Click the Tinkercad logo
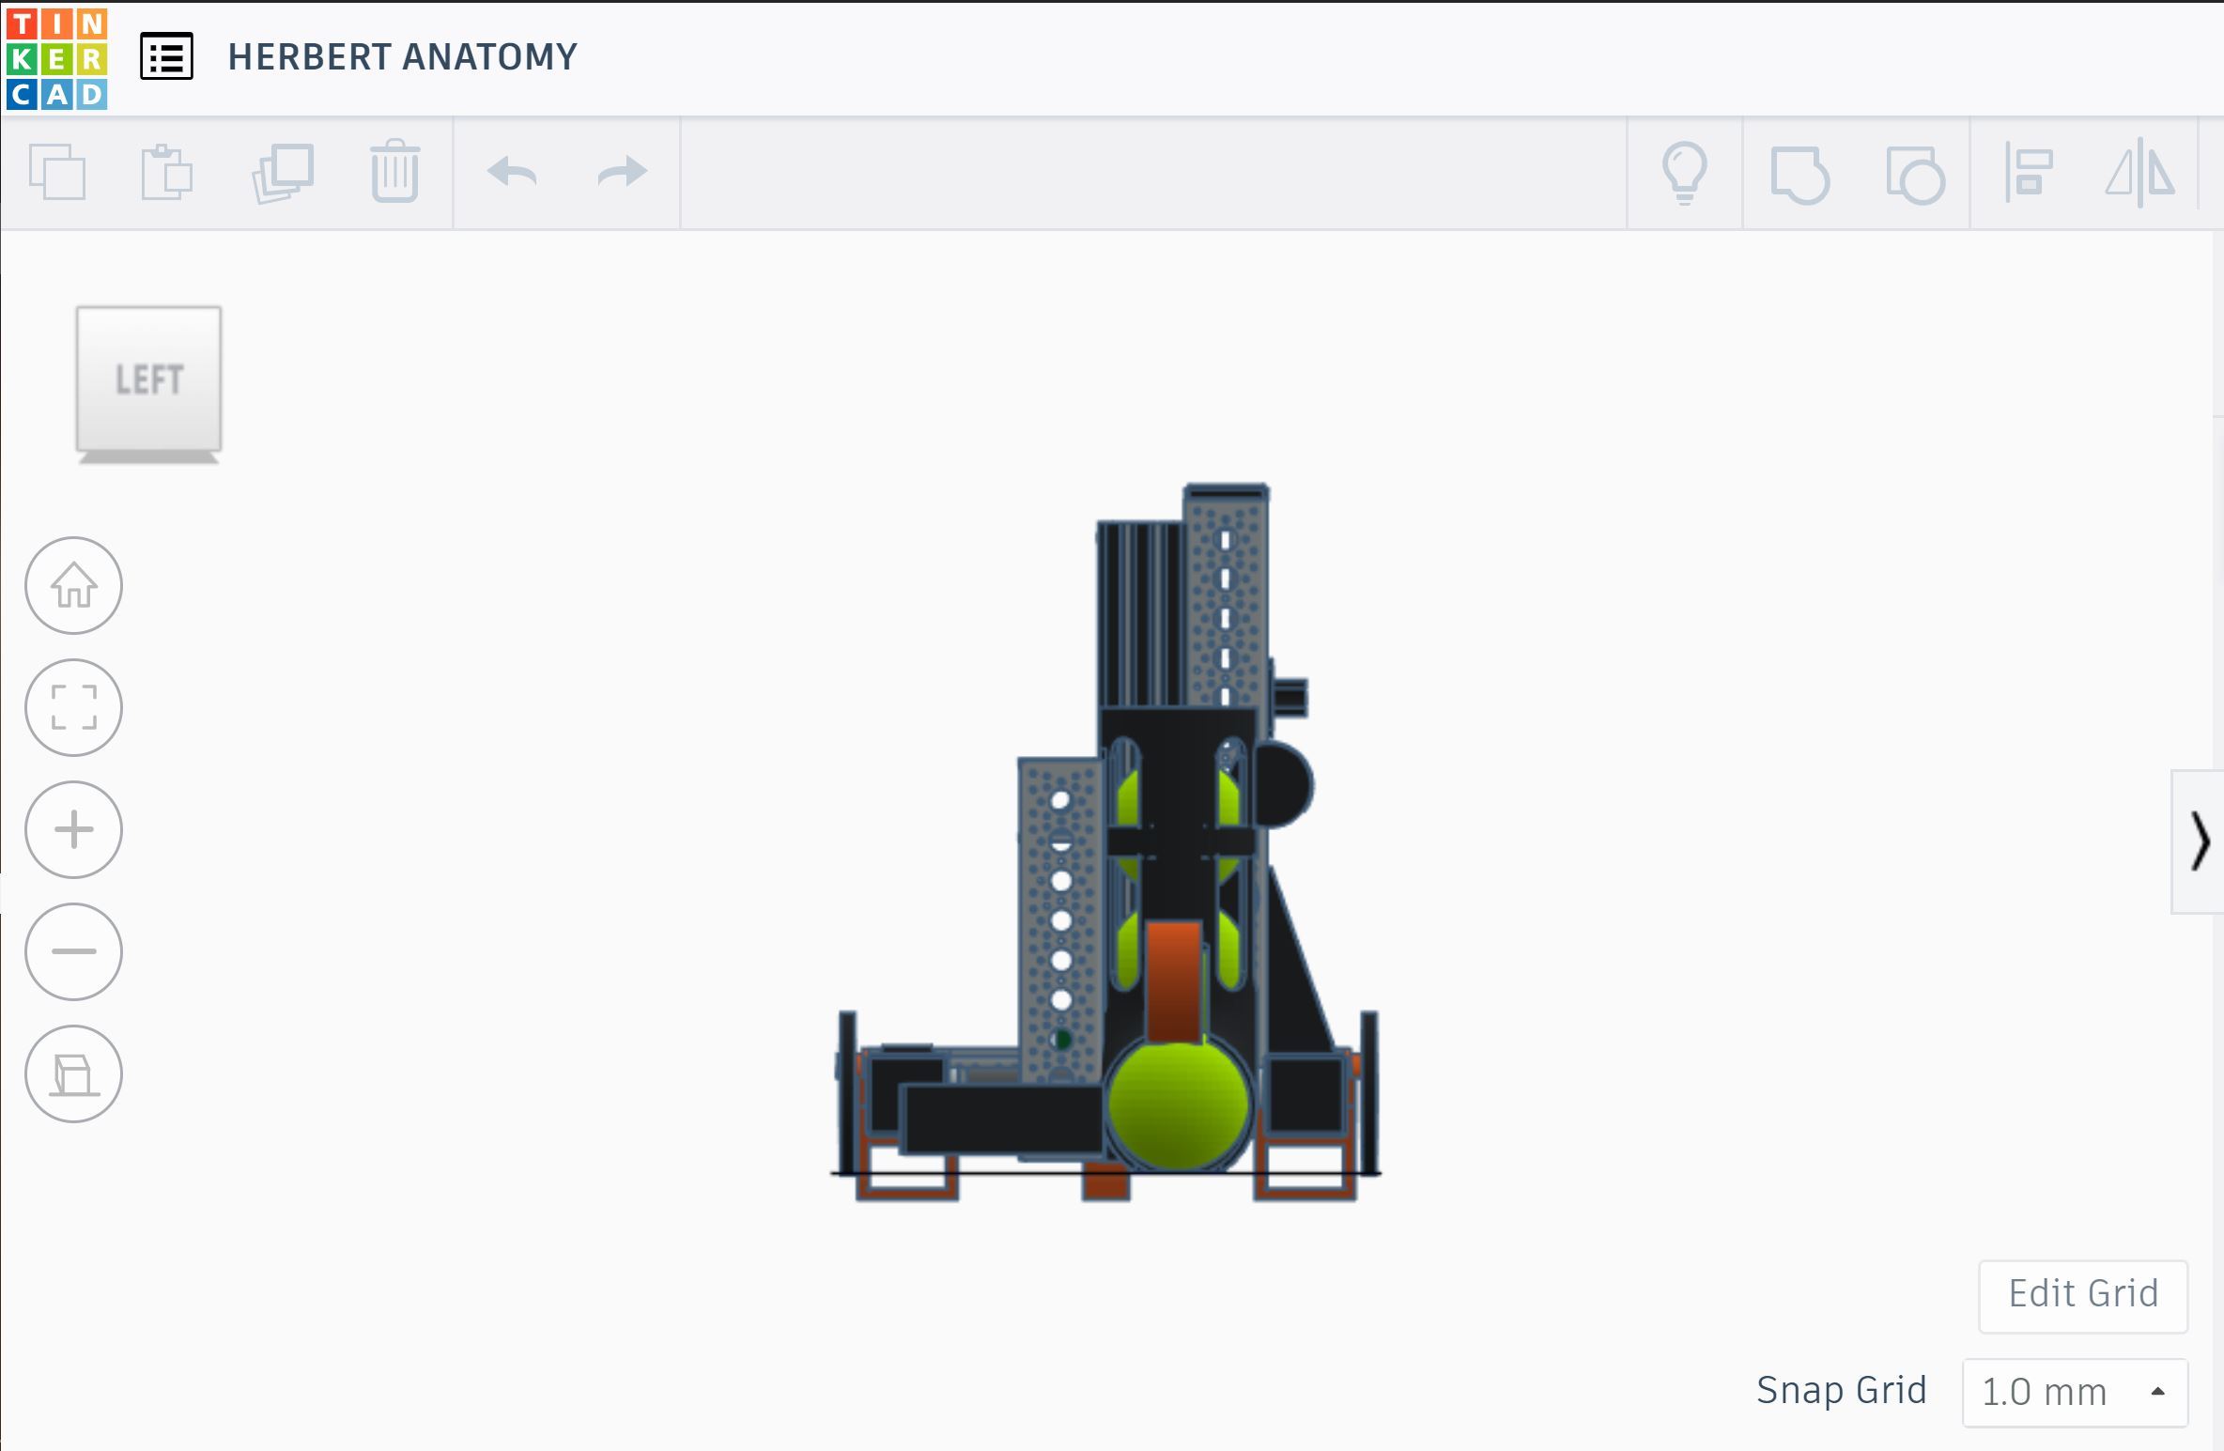coord(56,59)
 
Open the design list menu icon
coord(166,56)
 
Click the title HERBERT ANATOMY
coord(402,57)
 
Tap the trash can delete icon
coord(394,171)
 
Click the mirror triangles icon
coord(2140,172)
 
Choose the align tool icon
coord(2029,172)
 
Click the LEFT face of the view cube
coord(148,378)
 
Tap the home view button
coord(73,585)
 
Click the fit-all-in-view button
coord(73,707)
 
